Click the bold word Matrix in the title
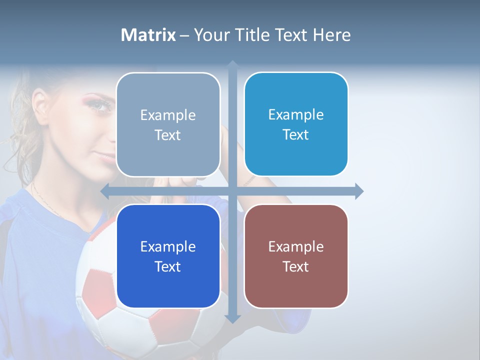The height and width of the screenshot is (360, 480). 148,35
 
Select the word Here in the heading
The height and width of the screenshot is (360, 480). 331,35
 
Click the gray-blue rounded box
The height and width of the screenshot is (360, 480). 168,125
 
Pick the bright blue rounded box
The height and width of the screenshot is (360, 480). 296,124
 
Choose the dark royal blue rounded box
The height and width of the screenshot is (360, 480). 168,256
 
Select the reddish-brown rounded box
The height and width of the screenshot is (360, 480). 296,256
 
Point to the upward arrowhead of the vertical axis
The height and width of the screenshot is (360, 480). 232,64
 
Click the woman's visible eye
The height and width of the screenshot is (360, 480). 101,105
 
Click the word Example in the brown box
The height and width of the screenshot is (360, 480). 296,246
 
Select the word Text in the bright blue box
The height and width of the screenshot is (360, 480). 296,134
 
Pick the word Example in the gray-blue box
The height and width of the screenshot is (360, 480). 168,115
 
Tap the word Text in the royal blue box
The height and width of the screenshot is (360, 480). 168,266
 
